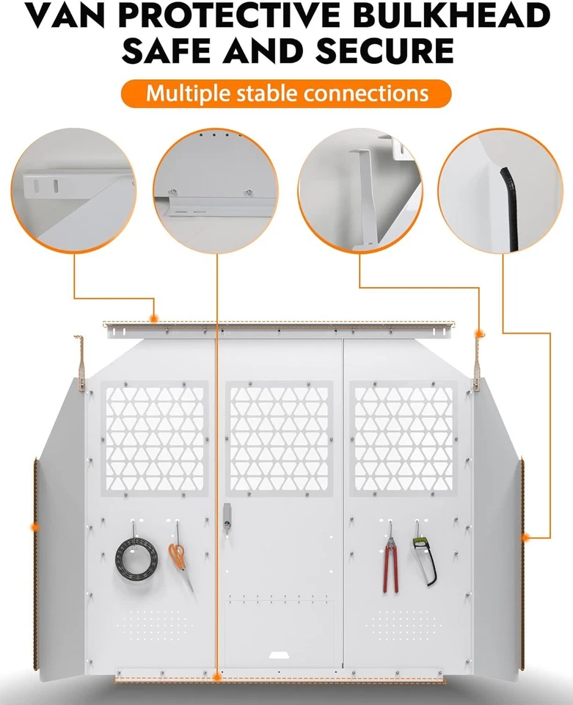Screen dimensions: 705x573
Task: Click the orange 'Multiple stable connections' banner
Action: point(286,94)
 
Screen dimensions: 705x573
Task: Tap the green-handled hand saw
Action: point(423,558)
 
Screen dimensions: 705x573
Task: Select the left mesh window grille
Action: point(155,439)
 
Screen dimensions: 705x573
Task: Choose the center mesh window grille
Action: point(280,439)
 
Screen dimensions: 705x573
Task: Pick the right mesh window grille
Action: point(404,439)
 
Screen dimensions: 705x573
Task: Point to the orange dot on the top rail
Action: point(153,319)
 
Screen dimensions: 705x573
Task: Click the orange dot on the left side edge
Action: point(34,527)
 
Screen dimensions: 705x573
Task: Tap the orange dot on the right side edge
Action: point(525,538)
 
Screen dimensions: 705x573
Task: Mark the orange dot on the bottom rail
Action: point(217,677)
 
